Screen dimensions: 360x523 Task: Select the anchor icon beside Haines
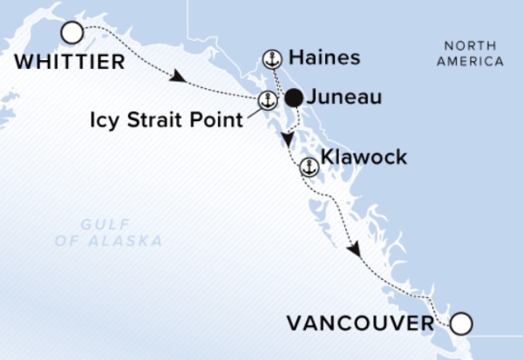[x=272, y=60]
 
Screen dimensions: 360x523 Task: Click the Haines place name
[x=311, y=58]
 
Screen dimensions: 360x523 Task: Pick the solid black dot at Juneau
[x=294, y=98]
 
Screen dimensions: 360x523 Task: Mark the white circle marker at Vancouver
[x=460, y=325]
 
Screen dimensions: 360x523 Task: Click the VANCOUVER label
[x=360, y=325]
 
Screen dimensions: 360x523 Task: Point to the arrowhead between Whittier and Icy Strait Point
[x=178, y=78]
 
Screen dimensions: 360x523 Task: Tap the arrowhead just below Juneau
[x=289, y=139]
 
